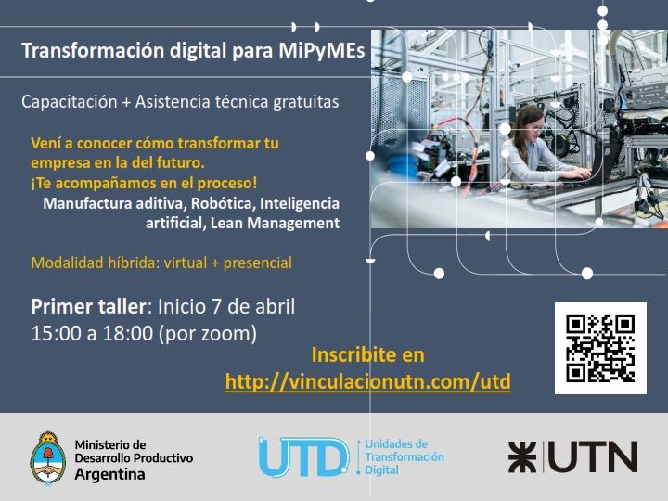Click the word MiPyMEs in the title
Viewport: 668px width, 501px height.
(x=322, y=50)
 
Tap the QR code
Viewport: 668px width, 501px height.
(x=600, y=348)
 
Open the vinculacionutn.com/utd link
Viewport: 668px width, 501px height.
(x=368, y=381)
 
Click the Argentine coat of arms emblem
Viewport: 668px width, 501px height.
(x=47, y=458)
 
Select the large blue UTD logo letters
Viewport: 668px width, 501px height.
(x=303, y=457)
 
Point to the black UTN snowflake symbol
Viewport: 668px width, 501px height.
(x=522, y=457)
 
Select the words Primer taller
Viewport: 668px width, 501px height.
(x=89, y=307)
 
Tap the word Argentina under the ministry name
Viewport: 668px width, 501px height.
(x=109, y=474)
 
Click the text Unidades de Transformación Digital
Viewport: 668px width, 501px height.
(x=405, y=457)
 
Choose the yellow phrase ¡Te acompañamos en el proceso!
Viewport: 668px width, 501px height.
(x=144, y=183)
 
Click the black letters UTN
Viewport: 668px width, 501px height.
(x=593, y=457)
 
